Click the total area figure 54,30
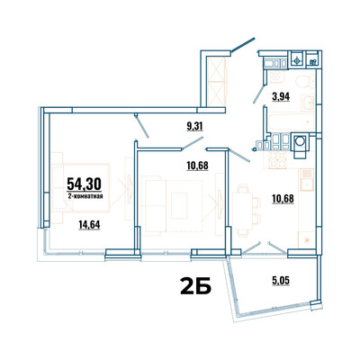84,184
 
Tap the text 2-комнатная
85,196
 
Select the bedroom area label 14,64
89,224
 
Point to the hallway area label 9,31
194,127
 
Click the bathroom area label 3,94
281,97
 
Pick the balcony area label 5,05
281,281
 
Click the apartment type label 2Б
196,285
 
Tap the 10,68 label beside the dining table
283,199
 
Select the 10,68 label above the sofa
197,166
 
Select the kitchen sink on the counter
307,180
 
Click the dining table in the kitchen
243,208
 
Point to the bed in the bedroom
81,187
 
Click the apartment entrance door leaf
243,46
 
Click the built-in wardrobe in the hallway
216,81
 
